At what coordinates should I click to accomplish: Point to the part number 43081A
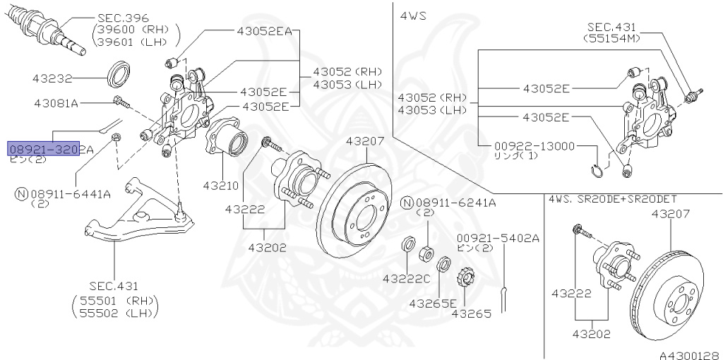pyautogui.click(x=56, y=103)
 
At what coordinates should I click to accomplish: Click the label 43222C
pyautogui.click(x=406, y=279)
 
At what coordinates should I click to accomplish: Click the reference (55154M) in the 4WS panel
pyautogui.click(x=611, y=39)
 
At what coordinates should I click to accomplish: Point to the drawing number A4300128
pyautogui.click(x=689, y=355)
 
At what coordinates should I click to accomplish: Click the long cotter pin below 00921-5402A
pyautogui.click(x=506, y=293)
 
